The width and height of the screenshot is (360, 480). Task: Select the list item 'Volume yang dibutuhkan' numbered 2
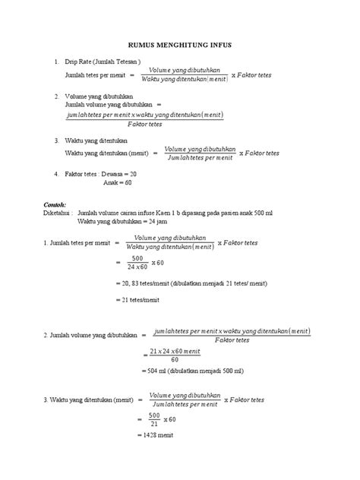[99, 97]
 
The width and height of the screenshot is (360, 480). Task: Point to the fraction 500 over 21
[154, 420]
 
